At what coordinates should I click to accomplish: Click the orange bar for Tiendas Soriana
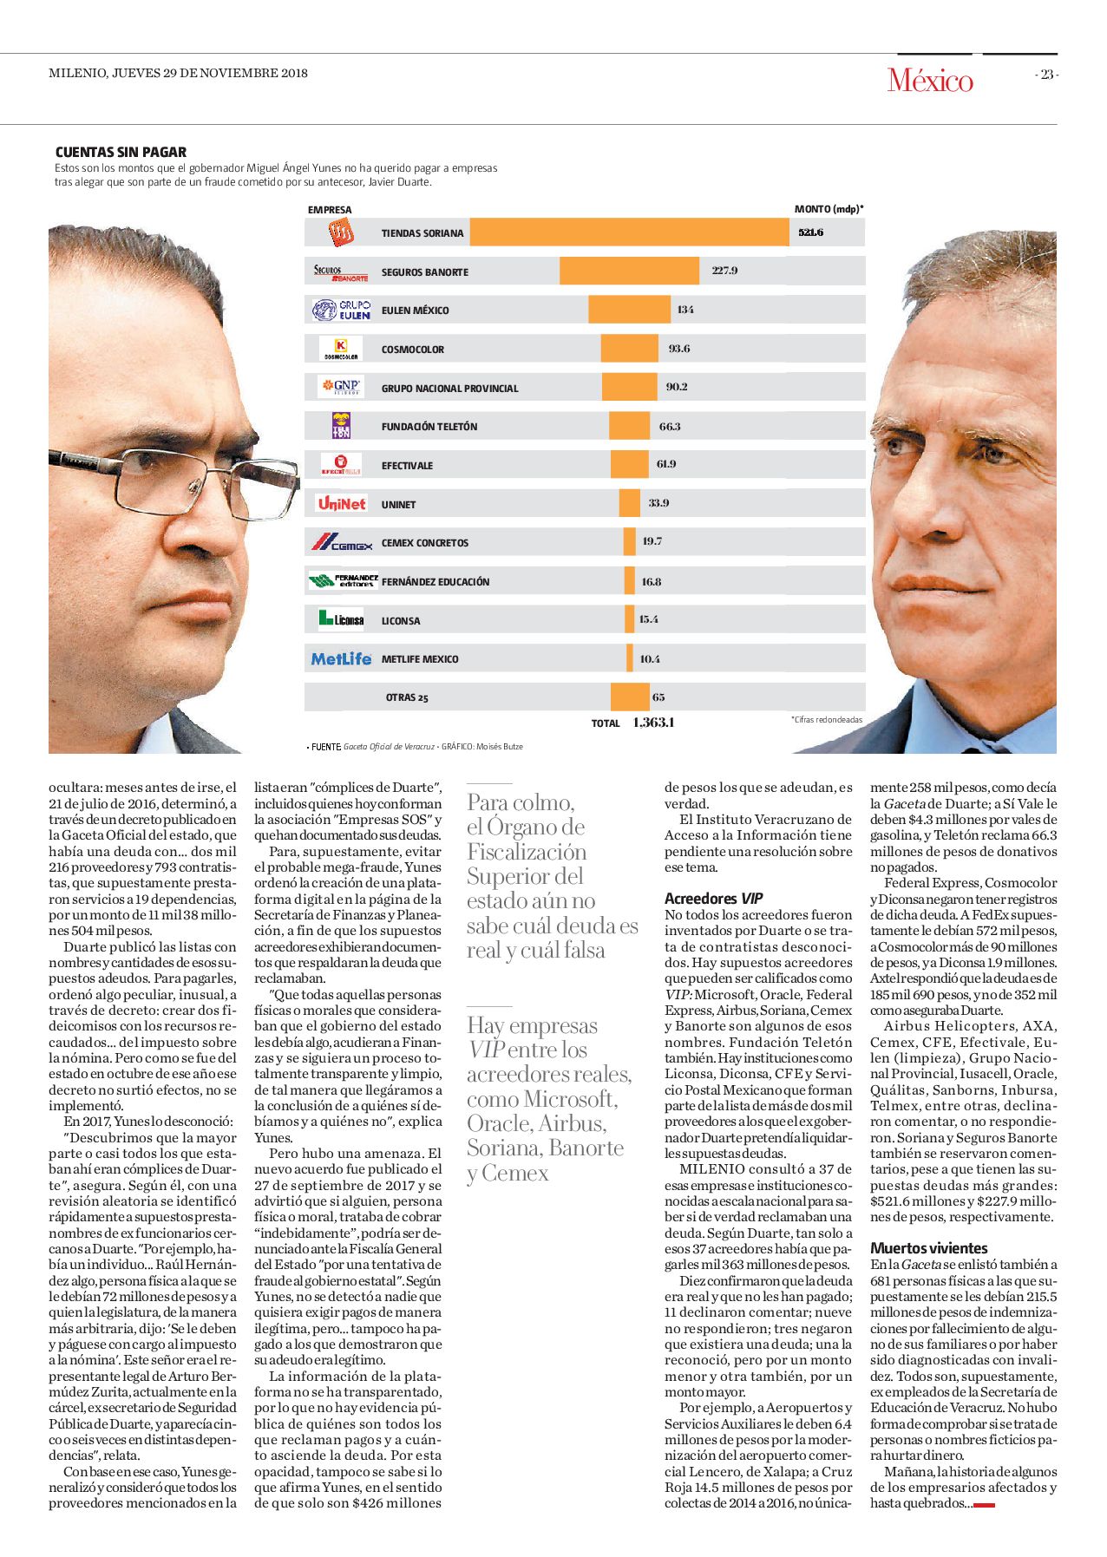[x=629, y=232]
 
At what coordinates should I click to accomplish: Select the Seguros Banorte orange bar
[x=629, y=271]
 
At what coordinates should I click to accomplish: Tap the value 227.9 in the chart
[x=724, y=271]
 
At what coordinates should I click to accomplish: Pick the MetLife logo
[x=341, y=658]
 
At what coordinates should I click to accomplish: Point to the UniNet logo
[x=341, y=503]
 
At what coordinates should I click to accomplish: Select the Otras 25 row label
[x=407, y=697]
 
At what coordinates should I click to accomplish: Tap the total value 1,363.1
[x=653, y=723]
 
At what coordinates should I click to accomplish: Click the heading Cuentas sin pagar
[x=121, y=152]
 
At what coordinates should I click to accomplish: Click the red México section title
[x=930, y=81]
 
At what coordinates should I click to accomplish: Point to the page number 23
[x=1047, y=75]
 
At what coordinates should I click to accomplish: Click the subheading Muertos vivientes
[x=929, y=1248]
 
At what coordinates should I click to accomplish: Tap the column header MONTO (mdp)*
[x=829, y=209]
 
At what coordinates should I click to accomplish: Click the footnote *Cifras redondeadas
[x=826, y=720]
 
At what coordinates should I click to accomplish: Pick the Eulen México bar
[x=629, y=310]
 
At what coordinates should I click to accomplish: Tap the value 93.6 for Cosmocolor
[x=679, y=348]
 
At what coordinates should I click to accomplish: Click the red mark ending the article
[x=984, y=1505]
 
